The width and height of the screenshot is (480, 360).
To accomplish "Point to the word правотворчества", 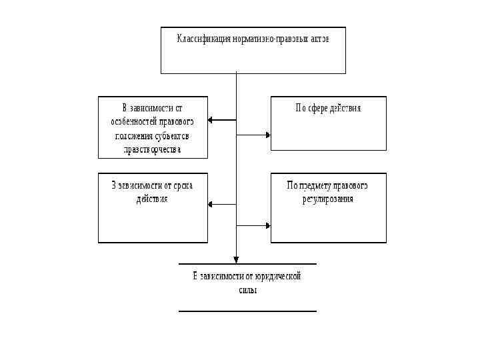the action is (x=153, y=150).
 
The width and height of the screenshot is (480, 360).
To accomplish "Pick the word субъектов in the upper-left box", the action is (x=172, y=136).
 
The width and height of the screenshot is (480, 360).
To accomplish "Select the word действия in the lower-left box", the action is (x=152, y=199).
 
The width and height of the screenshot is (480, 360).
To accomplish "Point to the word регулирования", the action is (x=327, y=199).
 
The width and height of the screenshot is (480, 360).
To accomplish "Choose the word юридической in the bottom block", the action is (x=280, y=276).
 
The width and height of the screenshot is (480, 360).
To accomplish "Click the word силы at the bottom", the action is (x=247, y=290).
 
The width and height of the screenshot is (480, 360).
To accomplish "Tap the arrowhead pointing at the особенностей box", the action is (x=211, y=120).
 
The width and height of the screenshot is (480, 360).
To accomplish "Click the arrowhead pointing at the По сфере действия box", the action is (x=268, y=135).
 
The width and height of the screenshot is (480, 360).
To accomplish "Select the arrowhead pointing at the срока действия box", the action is (x=211, y=203).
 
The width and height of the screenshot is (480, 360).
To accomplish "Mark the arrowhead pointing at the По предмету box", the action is (x=268, y=225).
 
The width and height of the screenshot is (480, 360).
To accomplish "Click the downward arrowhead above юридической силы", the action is (x=236, y=260).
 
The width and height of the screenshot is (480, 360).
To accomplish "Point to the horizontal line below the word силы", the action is (x=247, y=311).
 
